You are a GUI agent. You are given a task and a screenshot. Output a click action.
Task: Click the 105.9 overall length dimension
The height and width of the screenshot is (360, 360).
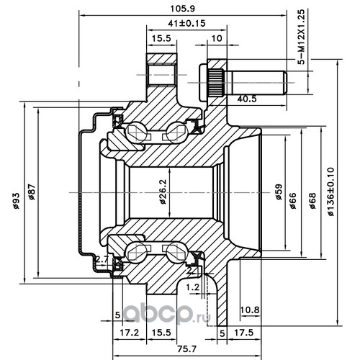(x=182, y=9)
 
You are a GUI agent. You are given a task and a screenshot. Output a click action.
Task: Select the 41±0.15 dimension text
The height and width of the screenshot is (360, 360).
(x=186, y=23)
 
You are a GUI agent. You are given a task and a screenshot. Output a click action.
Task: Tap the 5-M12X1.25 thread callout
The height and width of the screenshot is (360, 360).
(x=301, y=37)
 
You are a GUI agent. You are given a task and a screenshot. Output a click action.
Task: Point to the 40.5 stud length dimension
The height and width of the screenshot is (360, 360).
(x=247, y=99)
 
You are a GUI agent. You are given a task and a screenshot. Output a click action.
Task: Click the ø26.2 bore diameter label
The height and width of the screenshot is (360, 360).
(x=163, y=192)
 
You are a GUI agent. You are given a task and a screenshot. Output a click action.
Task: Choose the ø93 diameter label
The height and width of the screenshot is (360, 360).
(x=16, y=201)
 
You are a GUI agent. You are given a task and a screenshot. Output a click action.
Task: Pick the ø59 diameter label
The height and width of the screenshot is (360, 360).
(x=279, y=192)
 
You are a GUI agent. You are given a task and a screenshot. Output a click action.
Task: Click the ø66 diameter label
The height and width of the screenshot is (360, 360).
(x=293, y=201)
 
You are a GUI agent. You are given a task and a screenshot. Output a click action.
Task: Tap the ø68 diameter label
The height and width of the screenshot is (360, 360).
(x=312, y=201)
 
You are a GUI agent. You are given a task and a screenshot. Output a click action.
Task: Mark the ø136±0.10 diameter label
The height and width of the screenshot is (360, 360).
(x=330, y=192)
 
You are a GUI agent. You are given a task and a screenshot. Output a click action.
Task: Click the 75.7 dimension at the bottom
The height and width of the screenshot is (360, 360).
(x=186, y=348)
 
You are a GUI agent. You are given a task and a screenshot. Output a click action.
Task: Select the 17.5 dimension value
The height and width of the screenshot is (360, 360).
(x=243, y=333)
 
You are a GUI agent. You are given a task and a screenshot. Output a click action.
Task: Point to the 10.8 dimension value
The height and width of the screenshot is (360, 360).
(x=250, y=310)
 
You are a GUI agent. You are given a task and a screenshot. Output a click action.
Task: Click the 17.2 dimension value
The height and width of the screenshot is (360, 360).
(x=129, y=333)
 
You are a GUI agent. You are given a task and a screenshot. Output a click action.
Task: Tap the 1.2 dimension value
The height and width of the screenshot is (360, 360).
(x=193, y=287)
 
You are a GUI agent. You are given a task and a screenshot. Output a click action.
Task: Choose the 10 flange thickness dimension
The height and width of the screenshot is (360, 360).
(x=217, y=38)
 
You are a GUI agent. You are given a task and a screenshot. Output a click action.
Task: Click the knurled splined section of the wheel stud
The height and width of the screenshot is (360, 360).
(x=215, y=82)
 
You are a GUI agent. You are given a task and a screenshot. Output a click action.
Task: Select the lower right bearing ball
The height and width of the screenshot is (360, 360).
(x=177, y=253)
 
